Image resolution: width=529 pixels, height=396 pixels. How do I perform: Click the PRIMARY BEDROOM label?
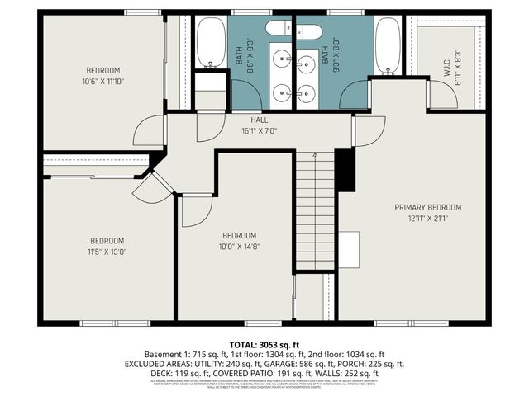(427, 207)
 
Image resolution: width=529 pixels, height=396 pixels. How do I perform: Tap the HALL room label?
(259, 120)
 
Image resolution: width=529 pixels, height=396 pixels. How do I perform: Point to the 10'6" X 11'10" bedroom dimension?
(102, 82)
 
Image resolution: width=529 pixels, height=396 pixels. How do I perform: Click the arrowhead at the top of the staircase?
(315, 154)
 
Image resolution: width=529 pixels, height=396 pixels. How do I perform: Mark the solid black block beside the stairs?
(345, 168)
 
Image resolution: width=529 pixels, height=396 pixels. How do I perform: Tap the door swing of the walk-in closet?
(441, 95)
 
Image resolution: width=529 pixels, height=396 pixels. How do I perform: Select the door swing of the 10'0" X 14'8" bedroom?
(197, 211)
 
